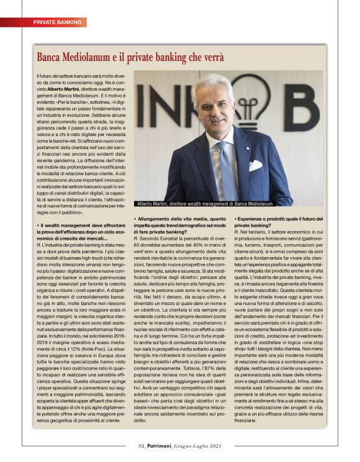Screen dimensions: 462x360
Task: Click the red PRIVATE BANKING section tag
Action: point(57,22)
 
